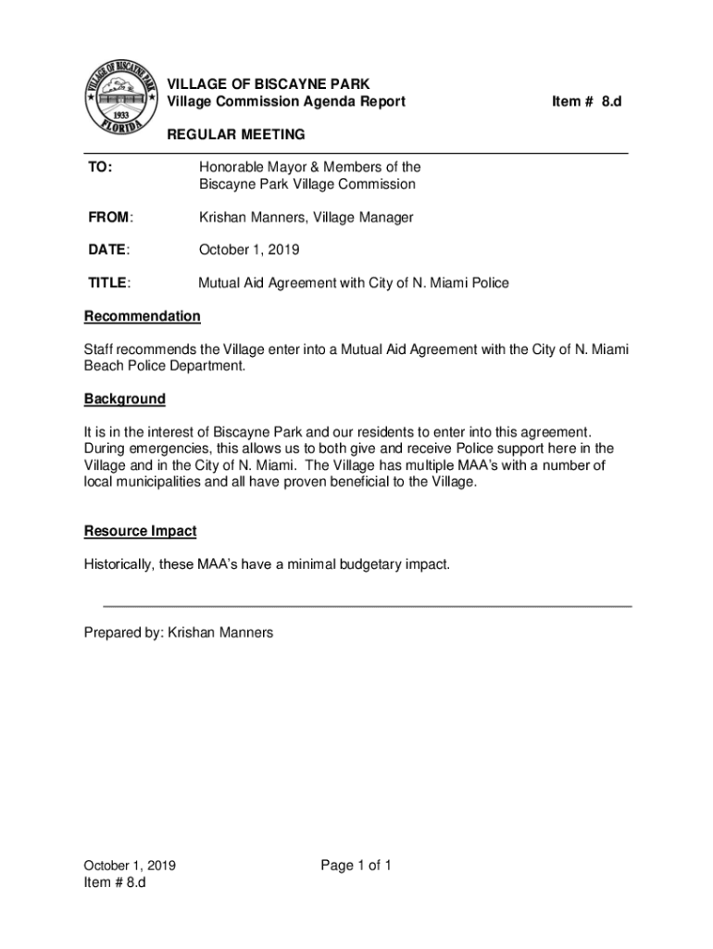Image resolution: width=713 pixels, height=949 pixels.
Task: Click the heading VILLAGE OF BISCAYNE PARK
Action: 268,84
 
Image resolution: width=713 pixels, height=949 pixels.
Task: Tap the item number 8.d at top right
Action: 585,101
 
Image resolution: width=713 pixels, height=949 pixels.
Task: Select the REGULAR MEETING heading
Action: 235,135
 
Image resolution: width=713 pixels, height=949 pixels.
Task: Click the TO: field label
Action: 100,168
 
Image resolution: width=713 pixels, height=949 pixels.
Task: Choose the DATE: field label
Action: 108,250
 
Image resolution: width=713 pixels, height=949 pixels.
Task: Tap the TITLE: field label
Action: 108,284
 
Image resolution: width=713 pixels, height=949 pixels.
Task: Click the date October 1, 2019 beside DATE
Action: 249,250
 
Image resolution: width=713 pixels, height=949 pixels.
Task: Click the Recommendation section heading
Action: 142,317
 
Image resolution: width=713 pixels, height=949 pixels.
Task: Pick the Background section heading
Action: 125,399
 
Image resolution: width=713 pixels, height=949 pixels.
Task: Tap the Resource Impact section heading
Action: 140,532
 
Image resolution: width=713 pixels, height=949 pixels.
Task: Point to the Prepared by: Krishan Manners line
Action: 179,633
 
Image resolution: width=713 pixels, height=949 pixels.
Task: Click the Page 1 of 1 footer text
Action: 356,867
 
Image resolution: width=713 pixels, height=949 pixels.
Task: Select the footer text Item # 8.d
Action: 115,883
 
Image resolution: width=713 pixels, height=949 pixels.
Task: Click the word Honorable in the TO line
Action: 231,168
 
